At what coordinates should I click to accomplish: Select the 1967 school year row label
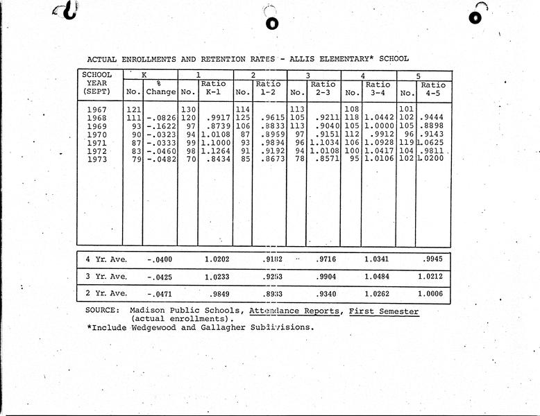click(x=99, y=109)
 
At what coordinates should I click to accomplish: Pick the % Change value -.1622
click(x=160, y=125)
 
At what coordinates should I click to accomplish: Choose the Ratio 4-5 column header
click(x=434, y=88)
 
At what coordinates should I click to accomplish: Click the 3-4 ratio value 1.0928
click(x=378, y=142)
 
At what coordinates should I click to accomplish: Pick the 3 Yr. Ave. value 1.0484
click(x=378, y=277)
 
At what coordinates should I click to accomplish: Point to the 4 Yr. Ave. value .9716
click(x=325, y=259)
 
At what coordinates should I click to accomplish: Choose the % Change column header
click(x=160, y=88)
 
